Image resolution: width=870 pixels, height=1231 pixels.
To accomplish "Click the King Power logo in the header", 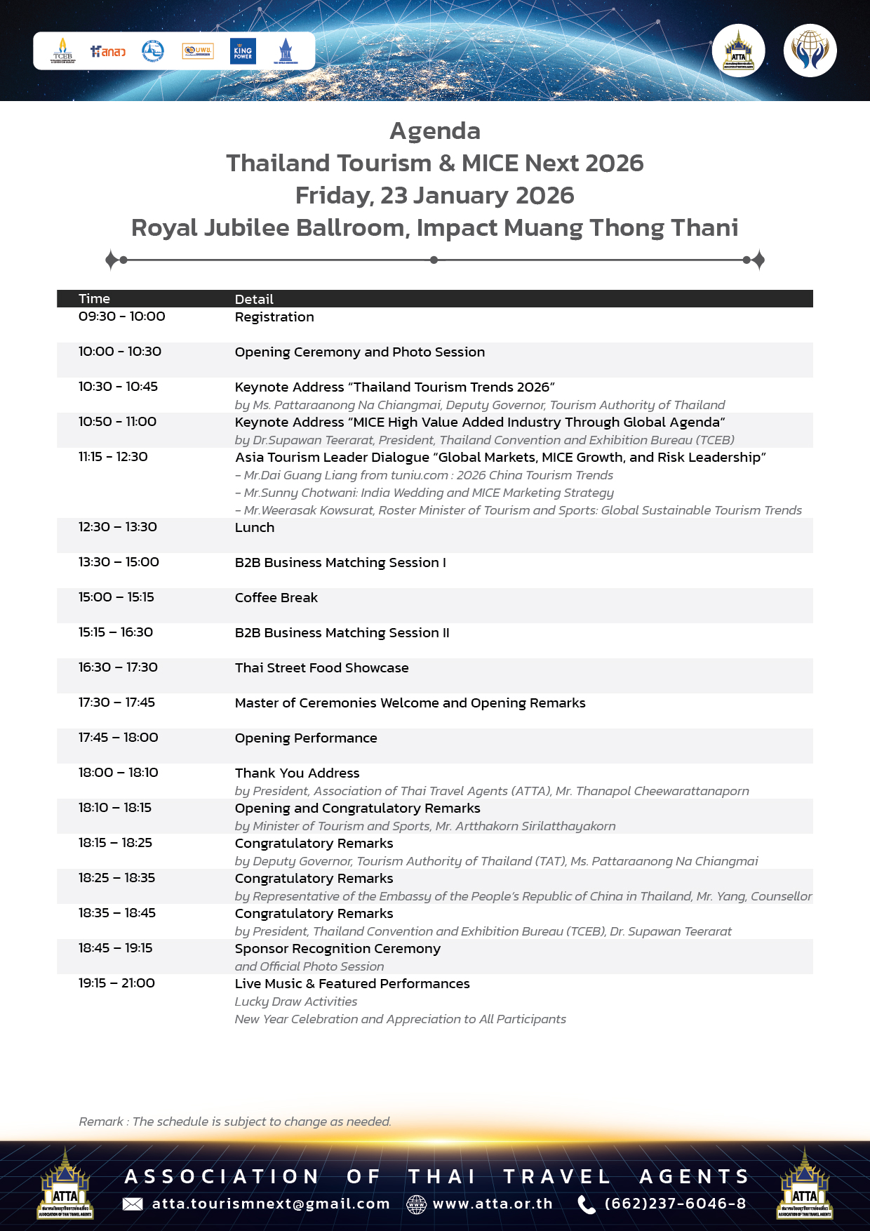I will pos(243,51).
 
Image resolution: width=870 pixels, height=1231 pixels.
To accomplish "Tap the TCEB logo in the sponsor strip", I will pos(62,51).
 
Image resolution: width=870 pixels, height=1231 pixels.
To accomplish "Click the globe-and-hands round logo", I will pos(810,51).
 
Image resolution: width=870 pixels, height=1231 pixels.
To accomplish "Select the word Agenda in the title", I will pos(435,131).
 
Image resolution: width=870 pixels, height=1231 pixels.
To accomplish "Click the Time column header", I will pos(94,299).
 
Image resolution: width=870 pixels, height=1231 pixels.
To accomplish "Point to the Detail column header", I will pos(254,299).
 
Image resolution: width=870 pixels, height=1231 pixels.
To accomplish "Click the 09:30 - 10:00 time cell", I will pos(122,317).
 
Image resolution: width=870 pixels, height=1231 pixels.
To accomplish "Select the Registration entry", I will pos(274,317).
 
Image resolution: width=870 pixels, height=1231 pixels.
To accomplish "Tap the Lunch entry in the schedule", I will pos(255,528).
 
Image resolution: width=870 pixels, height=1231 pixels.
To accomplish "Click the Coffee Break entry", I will pos(276,598).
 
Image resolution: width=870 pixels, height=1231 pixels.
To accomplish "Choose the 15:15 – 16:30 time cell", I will pos(116,632).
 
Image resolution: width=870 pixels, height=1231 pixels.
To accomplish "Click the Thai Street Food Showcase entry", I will pos(321,668).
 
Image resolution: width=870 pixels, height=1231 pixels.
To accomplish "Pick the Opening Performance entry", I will pos(306,738).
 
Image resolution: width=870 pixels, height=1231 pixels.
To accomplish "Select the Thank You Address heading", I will pos(297,773).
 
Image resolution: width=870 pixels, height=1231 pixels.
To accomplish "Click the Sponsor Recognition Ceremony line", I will pos(337,949).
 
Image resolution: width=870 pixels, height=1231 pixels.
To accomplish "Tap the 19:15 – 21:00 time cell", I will pos(116,983).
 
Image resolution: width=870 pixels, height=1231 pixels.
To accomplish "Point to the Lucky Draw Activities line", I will pos(296,1002).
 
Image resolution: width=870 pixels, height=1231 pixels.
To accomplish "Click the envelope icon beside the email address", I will pos(133,1204).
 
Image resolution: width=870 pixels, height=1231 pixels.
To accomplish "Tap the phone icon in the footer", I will pos(586,1204).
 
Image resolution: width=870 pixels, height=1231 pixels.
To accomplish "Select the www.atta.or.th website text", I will pos(493,1204).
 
